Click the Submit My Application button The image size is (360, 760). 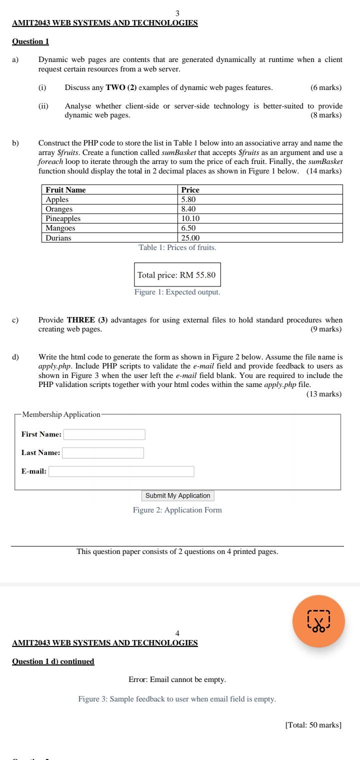[178, 495]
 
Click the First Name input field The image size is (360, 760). [104, 434]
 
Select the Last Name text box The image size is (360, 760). [103, 453]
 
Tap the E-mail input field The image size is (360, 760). [121, 471]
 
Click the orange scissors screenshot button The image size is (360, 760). [318, 621]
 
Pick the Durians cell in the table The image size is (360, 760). [58, 238]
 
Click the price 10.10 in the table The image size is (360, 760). [190, 218]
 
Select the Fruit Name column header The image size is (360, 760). [65, 189]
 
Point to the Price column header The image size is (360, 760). [190, 189]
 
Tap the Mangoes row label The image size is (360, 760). [60, 228]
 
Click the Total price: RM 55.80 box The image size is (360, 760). [177, 275]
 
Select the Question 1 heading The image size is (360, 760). [30, 41]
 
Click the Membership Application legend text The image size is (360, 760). [61, 414]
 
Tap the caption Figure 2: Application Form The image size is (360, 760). [177, 510]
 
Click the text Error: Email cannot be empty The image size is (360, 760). [177, 680]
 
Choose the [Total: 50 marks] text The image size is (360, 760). [313, 725]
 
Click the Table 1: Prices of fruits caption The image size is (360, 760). [177, 247]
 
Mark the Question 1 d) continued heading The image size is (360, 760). [53, 661]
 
